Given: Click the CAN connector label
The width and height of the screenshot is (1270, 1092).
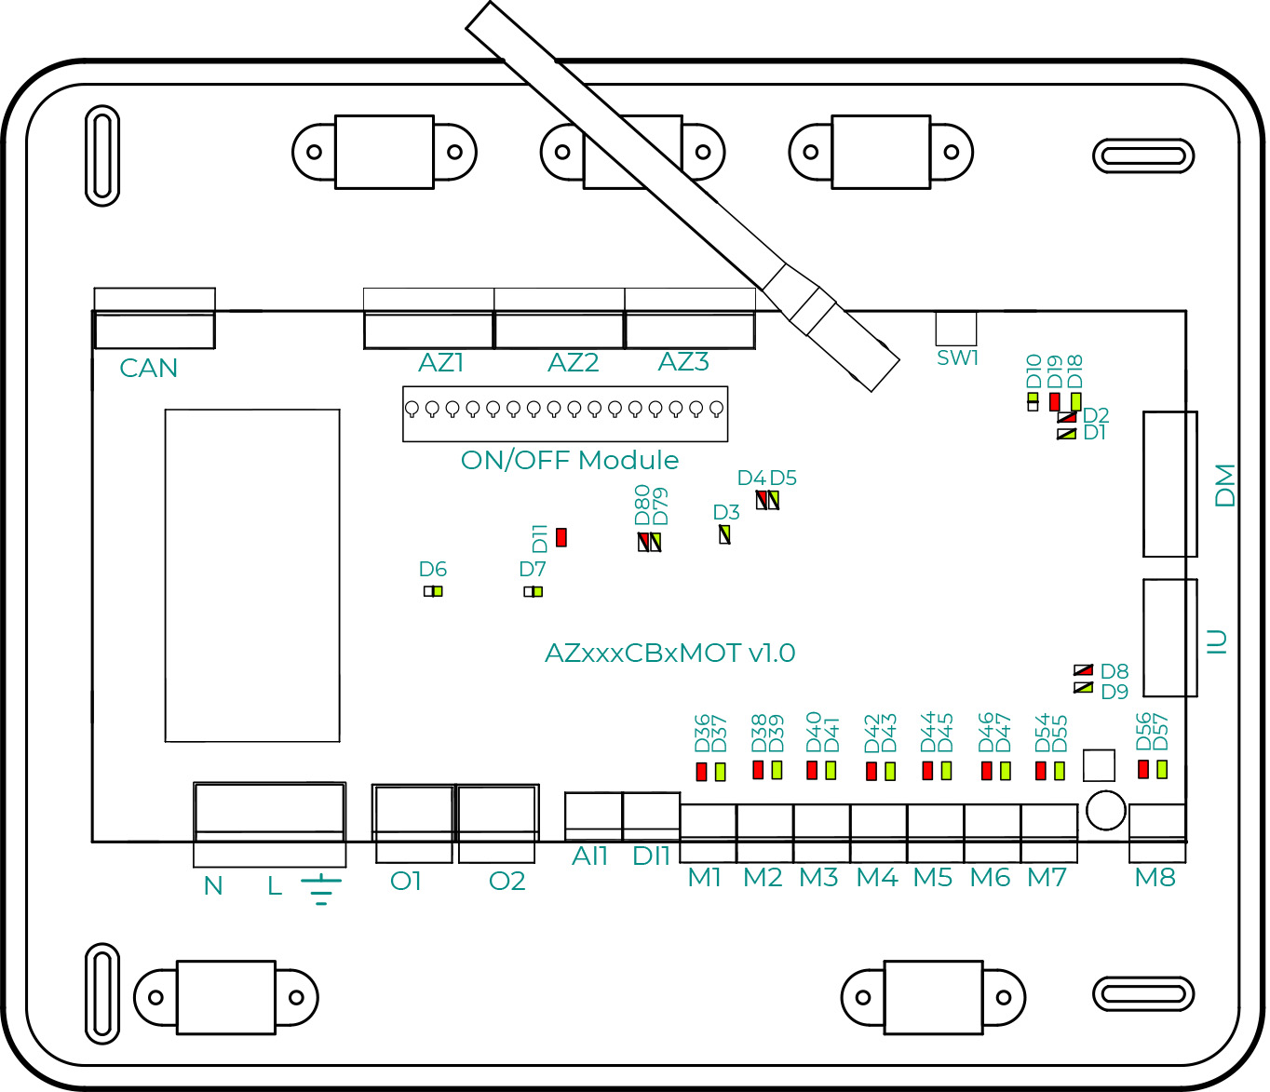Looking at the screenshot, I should (x=149, y=369).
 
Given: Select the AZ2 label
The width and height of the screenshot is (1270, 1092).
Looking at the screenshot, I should (x=573, y=362).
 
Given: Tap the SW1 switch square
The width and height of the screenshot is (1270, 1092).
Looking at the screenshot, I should (x=956, y=329).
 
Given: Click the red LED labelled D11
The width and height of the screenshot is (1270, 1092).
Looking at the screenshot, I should (x=561, y=537).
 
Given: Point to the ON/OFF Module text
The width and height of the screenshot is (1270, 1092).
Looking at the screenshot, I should (x=570, y=460).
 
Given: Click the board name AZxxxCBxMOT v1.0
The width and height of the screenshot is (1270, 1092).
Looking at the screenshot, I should (x=669, y=653).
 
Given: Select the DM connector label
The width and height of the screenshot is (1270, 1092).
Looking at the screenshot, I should (x=1225, y=485).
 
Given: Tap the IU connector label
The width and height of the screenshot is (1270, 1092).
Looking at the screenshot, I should (x=1218, y=641).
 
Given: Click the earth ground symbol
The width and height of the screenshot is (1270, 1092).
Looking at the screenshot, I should (x=321, y=888).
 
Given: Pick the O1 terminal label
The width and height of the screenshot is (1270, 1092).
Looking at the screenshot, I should (x=406, y=881).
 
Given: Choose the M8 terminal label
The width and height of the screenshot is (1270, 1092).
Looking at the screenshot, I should (x=1155, y=877).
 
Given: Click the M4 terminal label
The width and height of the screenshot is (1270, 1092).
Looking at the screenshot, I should (x=876, y=877).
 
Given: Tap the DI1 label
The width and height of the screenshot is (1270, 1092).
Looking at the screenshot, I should (x=651, y=856).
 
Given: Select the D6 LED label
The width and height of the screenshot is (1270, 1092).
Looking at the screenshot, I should (x=433, y=569).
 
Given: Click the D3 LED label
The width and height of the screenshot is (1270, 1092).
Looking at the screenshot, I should (x=726, y=512).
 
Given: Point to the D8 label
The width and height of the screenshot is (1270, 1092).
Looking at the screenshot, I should (x=1115, y=671).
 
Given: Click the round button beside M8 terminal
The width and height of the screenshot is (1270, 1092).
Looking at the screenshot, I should (x=1106, y=810).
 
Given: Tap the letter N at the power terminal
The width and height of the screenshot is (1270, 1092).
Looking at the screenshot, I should (x=213, y=885).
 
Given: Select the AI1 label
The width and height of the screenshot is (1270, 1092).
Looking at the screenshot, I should (x=589, y=856).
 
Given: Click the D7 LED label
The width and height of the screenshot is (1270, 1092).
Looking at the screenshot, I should (x=533, y=569).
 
